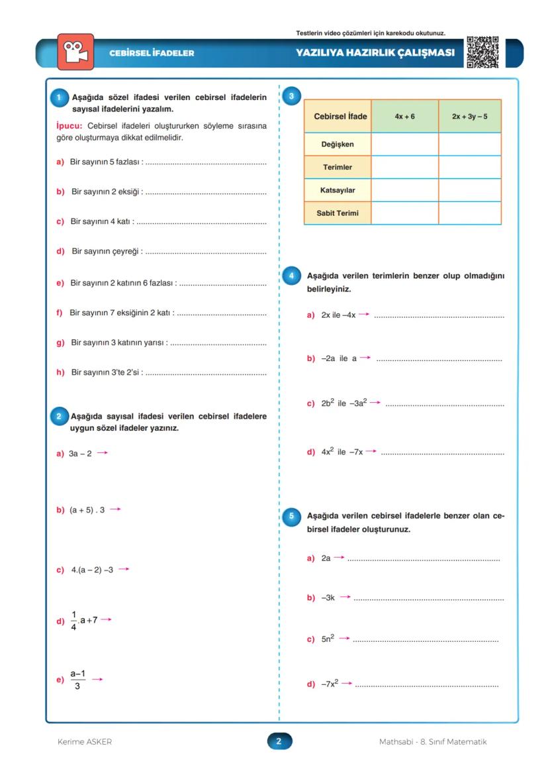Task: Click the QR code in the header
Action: coord(482,52)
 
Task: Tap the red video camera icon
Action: coord(75,52)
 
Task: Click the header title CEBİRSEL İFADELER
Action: coord(152,53)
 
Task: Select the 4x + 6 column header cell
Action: coord(404,116)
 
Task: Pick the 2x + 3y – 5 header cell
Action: coord(469,116)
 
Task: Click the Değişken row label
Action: coord(338,144)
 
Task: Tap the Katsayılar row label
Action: coord(338,190)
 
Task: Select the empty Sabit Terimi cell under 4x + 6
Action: coord(404,213)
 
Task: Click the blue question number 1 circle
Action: coord(59,97)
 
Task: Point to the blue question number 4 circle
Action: coord(292,275)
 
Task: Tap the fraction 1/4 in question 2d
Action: coord(73,620)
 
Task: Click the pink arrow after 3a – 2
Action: coord(101,453)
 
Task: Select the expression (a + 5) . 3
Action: coord(87,510)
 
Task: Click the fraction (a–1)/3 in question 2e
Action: coord(78,679)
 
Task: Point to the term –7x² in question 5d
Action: coord(330,684)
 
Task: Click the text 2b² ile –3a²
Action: coord(343,403)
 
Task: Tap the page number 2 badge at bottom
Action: coord(279,741)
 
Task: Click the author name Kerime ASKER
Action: coord(85,742)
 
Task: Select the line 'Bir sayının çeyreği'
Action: coord(106,251)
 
